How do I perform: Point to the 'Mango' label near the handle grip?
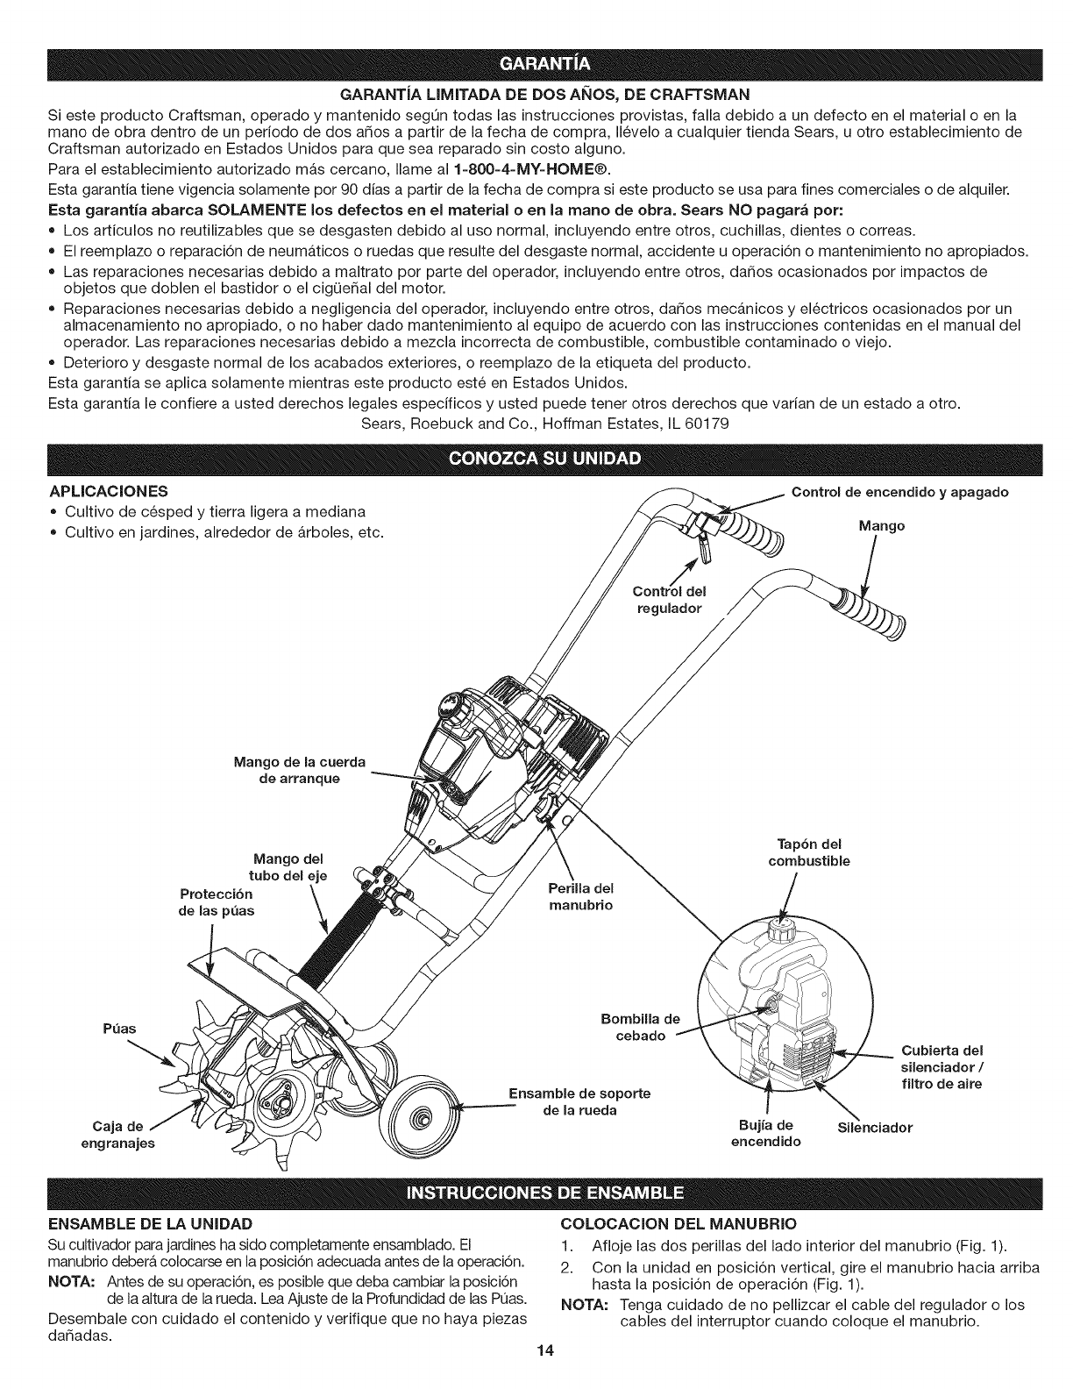pos(881,527)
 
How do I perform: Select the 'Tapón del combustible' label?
pos(809,852)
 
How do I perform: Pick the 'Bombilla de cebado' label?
pos(641,1027)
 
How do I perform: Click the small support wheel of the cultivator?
pos(423,1118)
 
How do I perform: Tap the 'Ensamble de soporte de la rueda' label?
pos(579,1101)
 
